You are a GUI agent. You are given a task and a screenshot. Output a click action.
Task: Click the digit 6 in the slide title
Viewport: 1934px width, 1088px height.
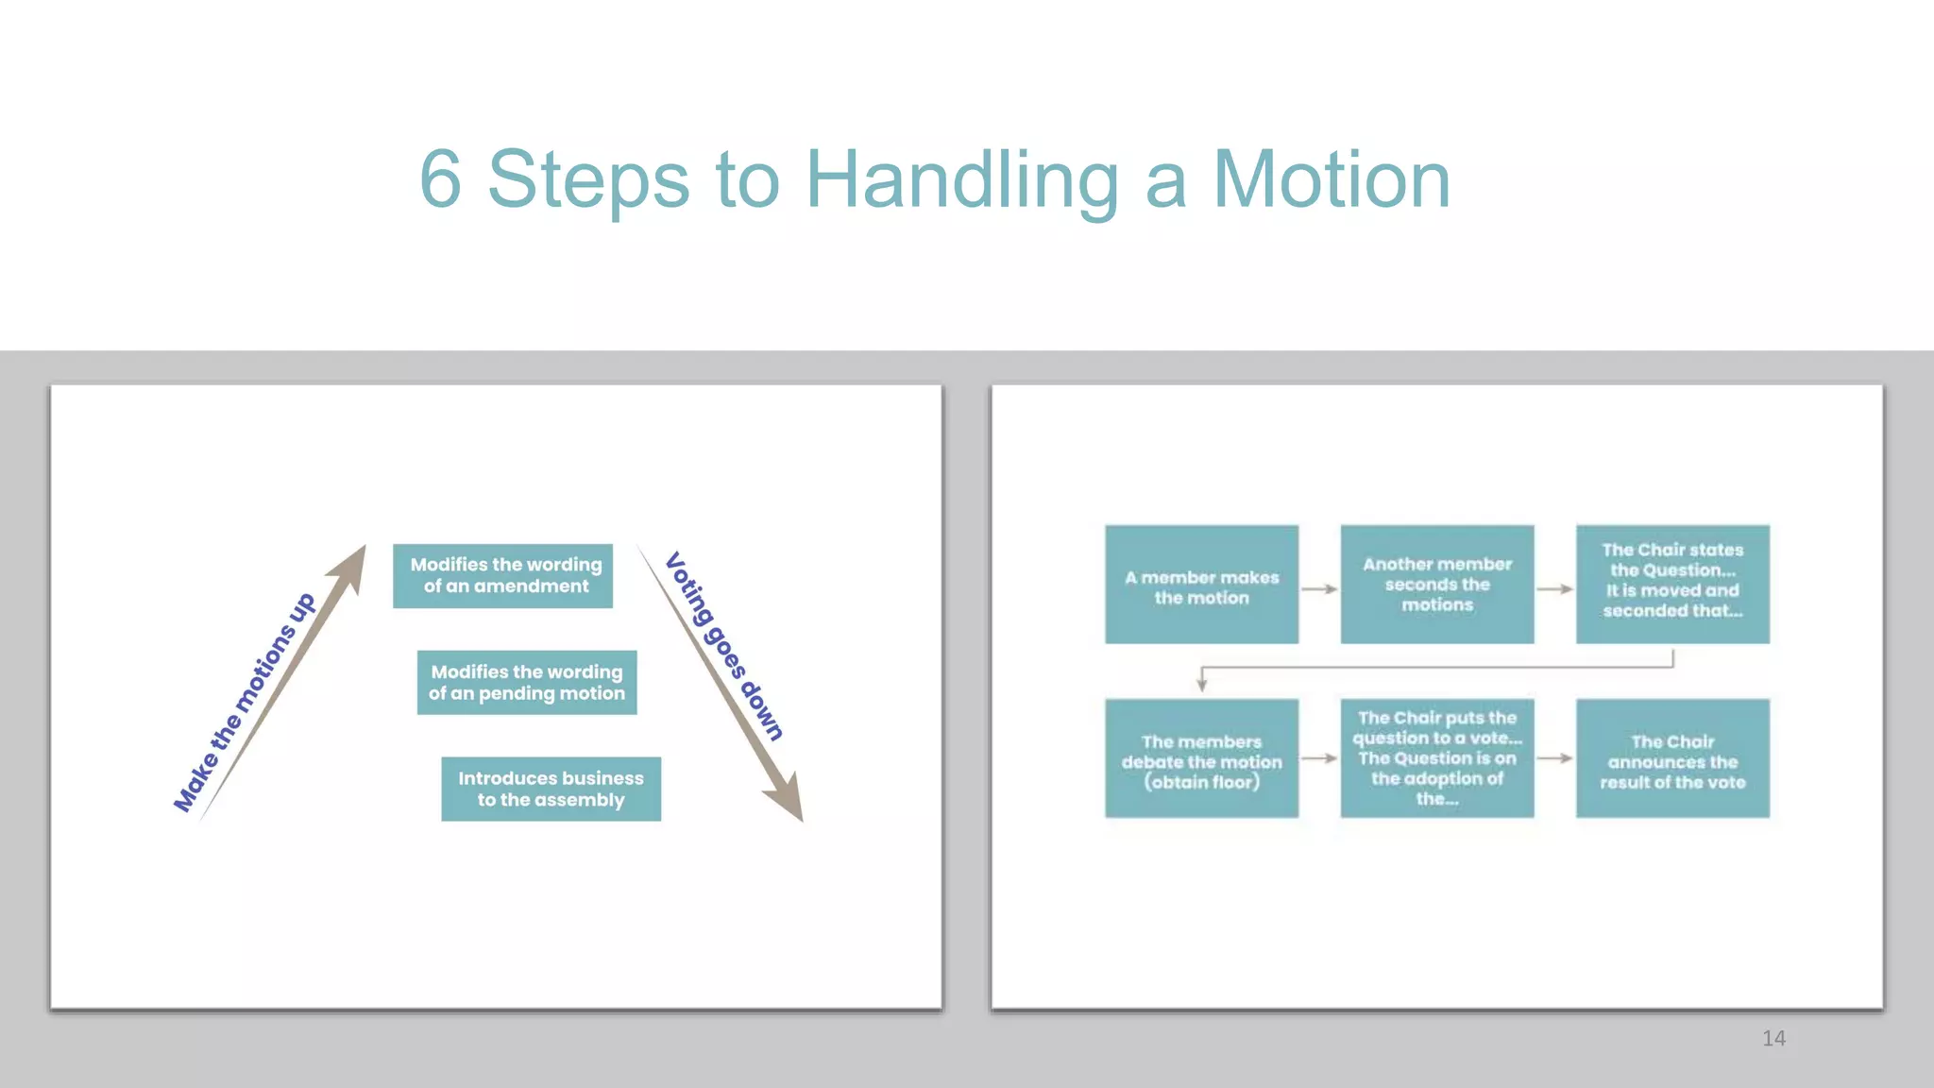[x=440, y=179]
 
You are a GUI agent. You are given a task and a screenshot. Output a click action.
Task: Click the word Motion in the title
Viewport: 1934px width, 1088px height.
[x=1331, y=179]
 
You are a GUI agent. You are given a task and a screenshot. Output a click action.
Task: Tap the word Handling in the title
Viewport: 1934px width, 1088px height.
[x=962, y=181]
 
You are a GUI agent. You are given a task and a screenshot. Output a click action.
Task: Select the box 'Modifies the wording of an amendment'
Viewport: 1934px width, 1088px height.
[x=503, y=575]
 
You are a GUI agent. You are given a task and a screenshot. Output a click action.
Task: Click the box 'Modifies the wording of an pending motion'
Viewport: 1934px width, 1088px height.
[x=527, y=682]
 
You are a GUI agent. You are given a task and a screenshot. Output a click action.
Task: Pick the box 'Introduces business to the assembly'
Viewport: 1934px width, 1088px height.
[x=551, y=789]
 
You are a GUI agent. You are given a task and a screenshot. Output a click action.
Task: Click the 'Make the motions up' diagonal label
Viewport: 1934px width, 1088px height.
[x=245, y=702]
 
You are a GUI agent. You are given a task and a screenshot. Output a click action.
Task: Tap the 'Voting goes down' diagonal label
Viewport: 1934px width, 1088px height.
[x=724, y=647]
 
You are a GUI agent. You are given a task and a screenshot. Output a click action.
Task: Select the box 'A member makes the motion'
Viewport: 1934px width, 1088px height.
[x=1201, y=585]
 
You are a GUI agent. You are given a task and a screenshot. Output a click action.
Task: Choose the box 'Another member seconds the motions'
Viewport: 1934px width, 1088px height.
[x=1436, y=585]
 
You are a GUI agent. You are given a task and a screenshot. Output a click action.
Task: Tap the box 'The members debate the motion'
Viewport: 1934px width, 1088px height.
[x=1201, y=758]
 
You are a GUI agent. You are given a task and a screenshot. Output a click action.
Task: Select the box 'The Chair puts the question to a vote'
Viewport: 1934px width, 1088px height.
[x=1436, y=758]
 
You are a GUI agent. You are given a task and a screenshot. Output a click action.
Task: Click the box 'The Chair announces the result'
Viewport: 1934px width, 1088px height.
[x=1671, y=758]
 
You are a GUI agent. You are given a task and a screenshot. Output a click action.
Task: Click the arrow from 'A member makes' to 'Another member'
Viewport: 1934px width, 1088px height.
[x=1319, y=589]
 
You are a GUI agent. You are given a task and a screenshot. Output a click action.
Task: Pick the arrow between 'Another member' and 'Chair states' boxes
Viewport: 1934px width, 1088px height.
[x=1554, y=589]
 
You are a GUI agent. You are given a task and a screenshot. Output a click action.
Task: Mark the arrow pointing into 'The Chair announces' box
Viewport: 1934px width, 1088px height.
[x=1554, y=758]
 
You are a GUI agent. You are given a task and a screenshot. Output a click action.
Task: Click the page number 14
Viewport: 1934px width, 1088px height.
[x=1773, y=1039]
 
